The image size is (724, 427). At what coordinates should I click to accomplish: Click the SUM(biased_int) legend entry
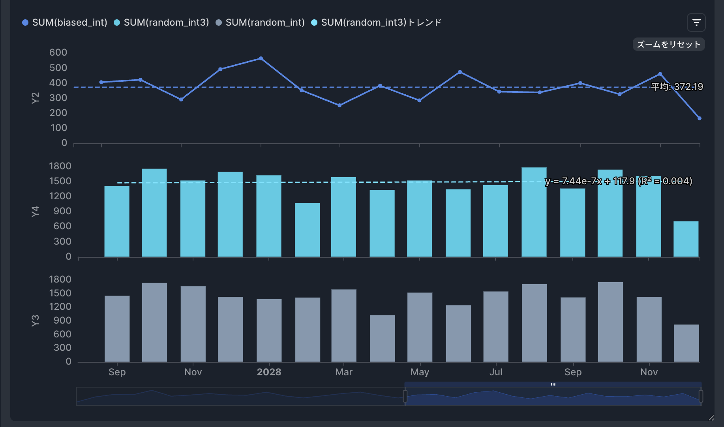tap(65, 22)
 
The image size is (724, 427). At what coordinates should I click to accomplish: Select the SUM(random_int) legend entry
tap(261, 22)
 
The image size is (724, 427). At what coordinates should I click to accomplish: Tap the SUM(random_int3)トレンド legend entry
tap(377, 22)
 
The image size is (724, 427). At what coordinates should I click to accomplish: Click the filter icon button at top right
tap(696, 22)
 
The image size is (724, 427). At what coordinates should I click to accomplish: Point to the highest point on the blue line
tap(261, 58)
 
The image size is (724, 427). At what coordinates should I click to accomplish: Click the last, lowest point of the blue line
tap(699, 118)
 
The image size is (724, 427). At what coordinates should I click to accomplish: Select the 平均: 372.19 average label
tap(677, 87)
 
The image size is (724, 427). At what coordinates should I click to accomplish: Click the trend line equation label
tap(618, 181)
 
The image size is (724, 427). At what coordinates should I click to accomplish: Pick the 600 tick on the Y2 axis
tap(58, 52)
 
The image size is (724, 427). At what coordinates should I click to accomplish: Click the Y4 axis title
tap(35, 211)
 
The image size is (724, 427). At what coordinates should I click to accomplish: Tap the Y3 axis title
tap(35, 320)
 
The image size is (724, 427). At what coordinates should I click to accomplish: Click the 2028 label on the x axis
tap(269, 372)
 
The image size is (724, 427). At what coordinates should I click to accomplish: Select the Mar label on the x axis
tap(344, 372)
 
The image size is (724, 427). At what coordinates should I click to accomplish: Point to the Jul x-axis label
tap(496, 372)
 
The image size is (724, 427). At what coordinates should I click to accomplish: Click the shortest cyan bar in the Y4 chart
tap(686, 239)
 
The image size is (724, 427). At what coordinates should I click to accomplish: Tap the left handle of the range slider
tap(405, 396)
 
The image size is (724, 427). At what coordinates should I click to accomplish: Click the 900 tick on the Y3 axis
tap(62, 320)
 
